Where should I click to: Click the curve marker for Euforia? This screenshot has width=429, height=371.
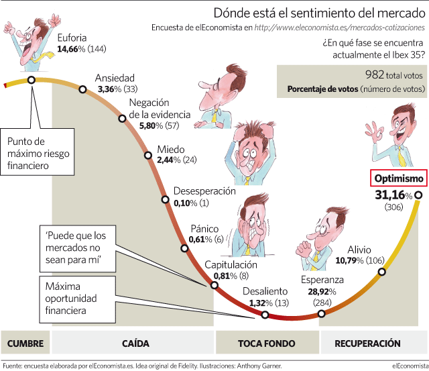[32, 80]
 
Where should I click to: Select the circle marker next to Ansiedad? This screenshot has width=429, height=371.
[82, 89]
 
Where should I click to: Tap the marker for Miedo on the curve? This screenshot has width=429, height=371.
[148, 155]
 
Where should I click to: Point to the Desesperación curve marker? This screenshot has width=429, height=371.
[165, 199]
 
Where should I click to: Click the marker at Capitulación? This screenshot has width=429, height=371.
[214, 285]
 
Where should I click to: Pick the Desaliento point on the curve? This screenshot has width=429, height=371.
[265, 315]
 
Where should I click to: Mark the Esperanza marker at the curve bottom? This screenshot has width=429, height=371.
[322, 313]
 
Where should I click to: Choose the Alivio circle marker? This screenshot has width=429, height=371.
[382, 272]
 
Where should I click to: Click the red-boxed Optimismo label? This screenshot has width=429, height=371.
[399, 178]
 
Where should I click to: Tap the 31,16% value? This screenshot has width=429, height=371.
[393, 195]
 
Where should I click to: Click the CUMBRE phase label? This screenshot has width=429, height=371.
[25, 343]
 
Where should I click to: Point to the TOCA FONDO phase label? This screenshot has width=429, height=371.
[267, 343]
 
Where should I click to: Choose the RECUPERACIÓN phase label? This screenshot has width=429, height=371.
[367, 343]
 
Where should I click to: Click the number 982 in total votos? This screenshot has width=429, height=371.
[375, 74]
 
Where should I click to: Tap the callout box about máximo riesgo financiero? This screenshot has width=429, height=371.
[38, 152]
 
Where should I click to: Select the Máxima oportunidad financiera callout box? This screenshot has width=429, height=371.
[78, 299]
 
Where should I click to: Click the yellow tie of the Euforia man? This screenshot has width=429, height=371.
[45, 56]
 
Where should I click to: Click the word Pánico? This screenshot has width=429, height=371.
[204, 229]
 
